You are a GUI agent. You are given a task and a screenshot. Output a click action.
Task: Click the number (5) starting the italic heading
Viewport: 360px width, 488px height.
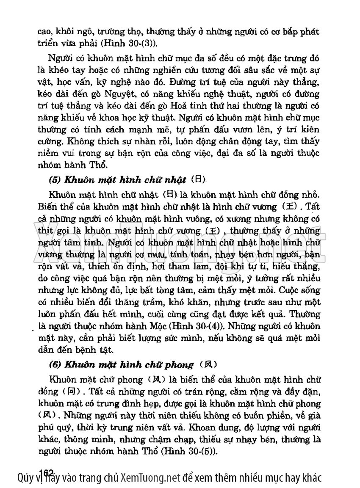pos(55,180)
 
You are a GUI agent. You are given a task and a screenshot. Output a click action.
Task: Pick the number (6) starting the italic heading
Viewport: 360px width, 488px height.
pos(55,364)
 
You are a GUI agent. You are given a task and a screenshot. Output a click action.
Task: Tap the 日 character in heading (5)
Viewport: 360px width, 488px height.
pos(197,179)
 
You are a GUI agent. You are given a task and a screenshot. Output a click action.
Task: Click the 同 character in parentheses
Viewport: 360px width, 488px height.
pos(70,392)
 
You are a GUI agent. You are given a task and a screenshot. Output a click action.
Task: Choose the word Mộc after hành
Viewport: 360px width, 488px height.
pos(161,327)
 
